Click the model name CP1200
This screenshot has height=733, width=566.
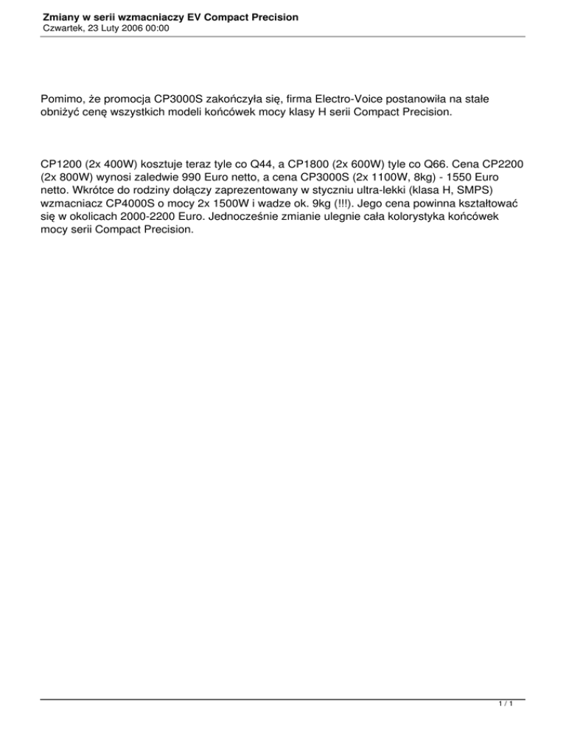65,165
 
